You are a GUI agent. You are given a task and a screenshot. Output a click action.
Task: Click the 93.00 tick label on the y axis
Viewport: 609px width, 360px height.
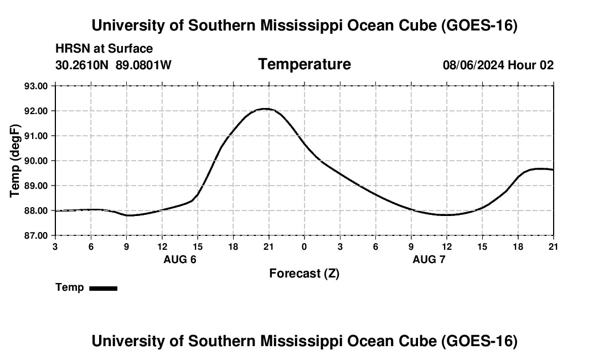[x=36, y=86]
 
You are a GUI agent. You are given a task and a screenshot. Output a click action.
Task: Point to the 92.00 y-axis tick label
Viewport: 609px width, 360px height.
[x=36, y=111]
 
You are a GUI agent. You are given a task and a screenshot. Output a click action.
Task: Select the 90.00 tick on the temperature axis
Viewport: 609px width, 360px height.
[x=36, y=161]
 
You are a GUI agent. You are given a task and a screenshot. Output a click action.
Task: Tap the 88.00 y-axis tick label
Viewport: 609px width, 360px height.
[x=36, y=210]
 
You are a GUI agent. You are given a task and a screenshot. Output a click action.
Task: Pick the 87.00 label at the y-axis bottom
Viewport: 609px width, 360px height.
[x=36, y=236]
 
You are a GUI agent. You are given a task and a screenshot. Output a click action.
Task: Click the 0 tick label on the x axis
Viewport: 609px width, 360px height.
[x=304, y=246]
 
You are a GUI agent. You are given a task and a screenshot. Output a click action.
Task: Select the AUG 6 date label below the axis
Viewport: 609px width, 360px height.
[x=180, y=259]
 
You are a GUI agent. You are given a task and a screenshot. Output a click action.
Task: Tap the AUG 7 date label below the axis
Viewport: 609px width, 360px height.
[x=429, y=259]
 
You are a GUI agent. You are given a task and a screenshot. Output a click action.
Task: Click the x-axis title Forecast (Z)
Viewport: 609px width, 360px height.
[x=304, y=274]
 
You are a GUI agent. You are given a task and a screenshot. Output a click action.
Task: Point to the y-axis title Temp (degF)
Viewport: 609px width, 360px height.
[x=15, y=161]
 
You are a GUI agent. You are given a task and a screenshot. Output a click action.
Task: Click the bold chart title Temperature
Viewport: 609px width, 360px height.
[x=304, y=64]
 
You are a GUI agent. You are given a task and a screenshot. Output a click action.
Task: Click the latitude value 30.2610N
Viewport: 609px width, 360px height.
[x=82, y=65]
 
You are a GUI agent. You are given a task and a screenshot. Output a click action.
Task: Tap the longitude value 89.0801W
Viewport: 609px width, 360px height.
[x=143, y=65]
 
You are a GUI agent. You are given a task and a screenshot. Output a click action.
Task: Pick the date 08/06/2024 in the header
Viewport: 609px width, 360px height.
[x=474, y=65]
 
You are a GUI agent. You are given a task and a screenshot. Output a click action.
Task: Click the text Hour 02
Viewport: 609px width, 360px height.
[x=530, y=65]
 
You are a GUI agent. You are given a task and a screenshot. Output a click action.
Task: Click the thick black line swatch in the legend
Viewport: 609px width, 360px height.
[x=104, y=288]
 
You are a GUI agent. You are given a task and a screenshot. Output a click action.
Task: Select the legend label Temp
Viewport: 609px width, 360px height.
[x=70, y=287]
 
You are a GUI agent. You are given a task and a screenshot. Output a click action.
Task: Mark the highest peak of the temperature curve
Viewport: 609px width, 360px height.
[x=266, y=109]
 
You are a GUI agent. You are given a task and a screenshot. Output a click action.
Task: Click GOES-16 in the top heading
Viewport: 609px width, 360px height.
[x=479, y=25]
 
